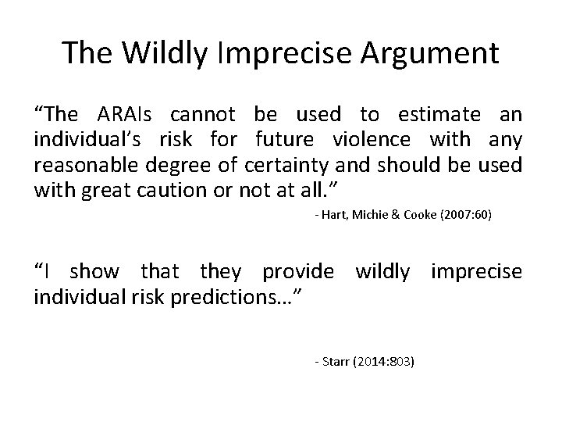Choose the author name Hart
333,215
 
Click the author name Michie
371,215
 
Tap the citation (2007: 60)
467,215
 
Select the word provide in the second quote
298,272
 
